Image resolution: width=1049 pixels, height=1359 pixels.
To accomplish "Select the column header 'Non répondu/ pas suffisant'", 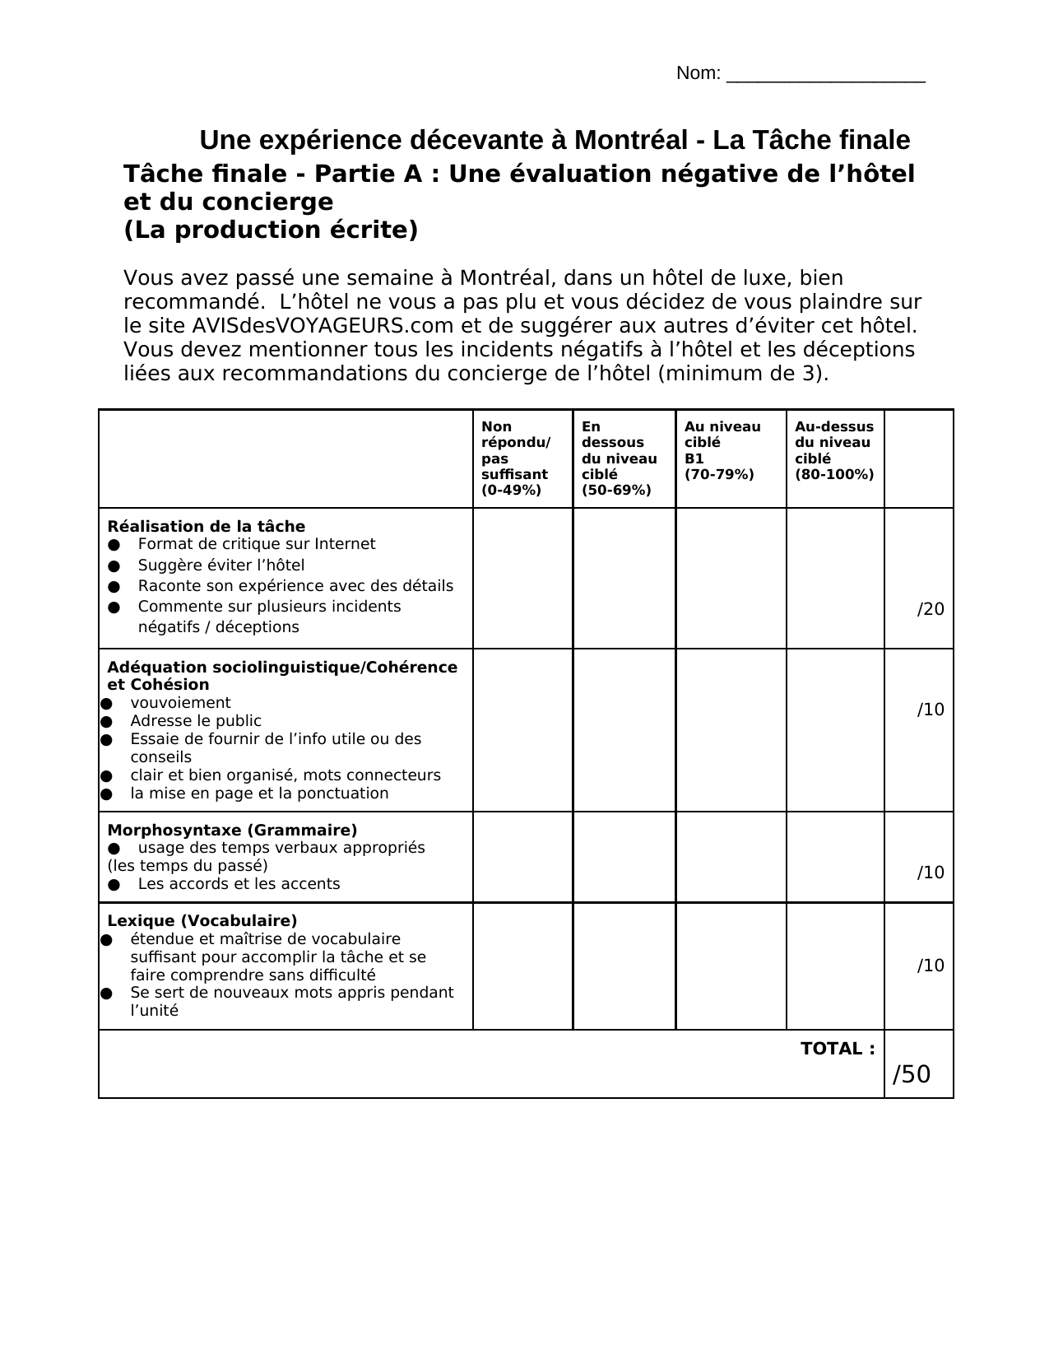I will point(516,458).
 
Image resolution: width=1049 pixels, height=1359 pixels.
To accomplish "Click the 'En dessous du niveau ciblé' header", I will point(619,458).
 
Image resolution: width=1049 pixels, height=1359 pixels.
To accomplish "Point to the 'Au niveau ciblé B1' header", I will point(722,450).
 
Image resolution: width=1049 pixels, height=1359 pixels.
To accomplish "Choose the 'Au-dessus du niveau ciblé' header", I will point(833,450).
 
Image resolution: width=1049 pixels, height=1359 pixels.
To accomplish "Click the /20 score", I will point(931,609).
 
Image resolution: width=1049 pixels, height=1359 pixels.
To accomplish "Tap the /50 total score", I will point(912,1074).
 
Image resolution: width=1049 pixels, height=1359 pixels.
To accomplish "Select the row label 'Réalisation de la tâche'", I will point(207,526).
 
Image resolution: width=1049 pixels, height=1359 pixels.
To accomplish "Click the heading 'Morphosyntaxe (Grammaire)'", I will point(232,830).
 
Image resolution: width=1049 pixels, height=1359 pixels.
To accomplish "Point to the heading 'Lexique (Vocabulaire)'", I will point(202,920).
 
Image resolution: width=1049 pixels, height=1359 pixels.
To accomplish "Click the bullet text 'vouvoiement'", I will point(180,702).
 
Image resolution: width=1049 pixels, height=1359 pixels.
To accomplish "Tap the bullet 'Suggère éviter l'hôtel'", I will point(221,565).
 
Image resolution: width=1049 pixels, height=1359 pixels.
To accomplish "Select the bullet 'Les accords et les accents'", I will point(239,883).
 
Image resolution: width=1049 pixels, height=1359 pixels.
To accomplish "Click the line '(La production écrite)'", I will point(271,230).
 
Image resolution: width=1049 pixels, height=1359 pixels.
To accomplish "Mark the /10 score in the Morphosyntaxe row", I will point(931,873).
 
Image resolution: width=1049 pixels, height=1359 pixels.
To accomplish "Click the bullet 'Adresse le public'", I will point(196,720).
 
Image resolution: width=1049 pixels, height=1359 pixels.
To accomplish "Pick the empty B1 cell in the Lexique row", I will point(731,966).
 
